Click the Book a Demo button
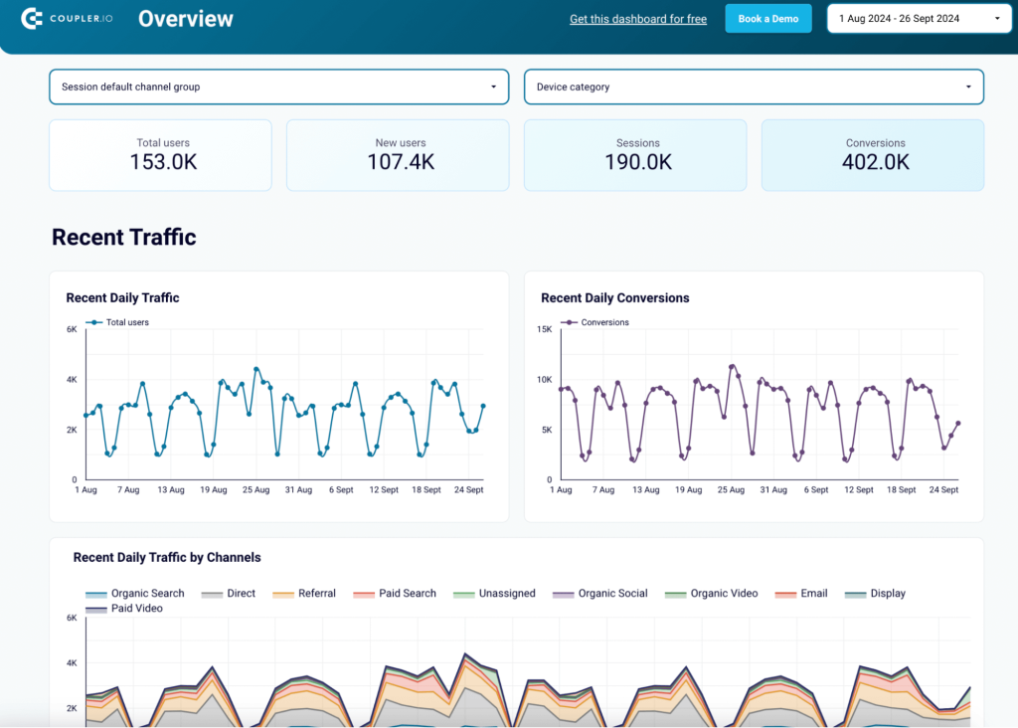767,19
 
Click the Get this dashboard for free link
637,19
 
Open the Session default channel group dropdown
278,87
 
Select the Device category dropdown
754,87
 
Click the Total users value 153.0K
163,162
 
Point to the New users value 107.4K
401,162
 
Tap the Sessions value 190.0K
638,162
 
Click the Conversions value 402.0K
876,162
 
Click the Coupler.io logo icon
32,19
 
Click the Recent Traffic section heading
124,237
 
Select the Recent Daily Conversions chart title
614,298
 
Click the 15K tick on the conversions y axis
544,329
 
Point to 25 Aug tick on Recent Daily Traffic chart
255,490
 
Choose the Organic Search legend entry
147,594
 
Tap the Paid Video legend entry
136,609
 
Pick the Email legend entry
813,594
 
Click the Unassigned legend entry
506,594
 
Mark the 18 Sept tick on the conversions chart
901,490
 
